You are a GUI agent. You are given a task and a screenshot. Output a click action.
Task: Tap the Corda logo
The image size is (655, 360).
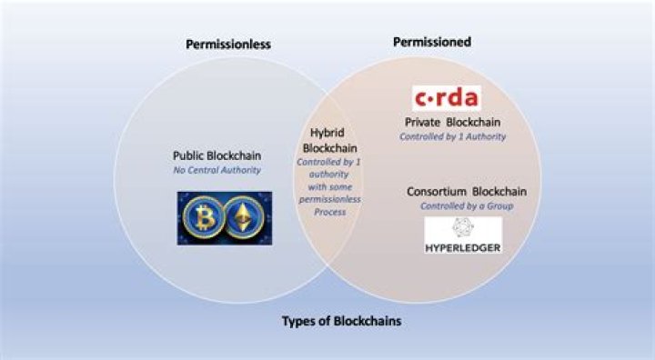click(x=447, y=97)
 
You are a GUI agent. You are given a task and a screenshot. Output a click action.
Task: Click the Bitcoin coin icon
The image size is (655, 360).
click(x=201, y=219)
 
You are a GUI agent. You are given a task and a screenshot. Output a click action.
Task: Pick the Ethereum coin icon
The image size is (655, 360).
click(x=243, y=219)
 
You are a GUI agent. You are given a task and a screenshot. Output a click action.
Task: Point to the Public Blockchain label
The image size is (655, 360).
click(x=216, y=155)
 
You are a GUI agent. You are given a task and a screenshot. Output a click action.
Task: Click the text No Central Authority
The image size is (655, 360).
click(x=216, y=170)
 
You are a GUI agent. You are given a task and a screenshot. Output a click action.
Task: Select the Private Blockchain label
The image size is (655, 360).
click(x=452, y=122)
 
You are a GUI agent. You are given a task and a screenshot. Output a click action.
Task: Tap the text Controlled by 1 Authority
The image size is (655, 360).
click(x=452, y=136)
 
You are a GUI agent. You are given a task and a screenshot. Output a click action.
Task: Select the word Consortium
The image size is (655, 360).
click(x=432, y=192)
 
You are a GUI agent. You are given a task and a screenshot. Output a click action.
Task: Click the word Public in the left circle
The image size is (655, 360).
click(x=187, y=155)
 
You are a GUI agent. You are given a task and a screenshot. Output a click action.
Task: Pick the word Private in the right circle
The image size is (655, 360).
click(x=423, y=122)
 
